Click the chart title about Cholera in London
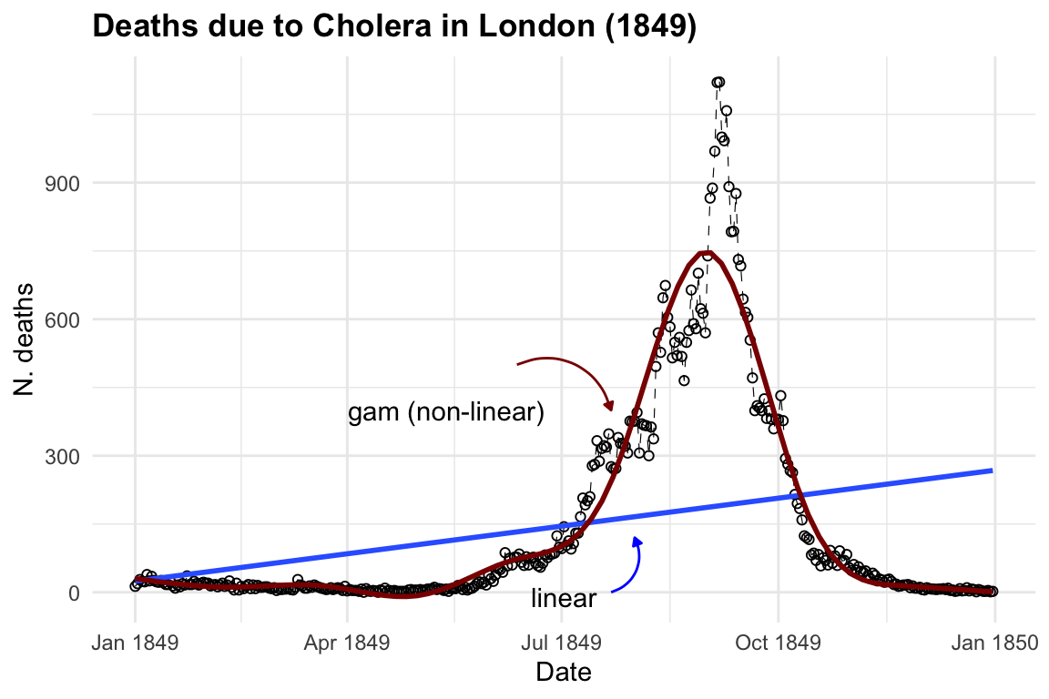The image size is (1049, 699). (x=394, y=28)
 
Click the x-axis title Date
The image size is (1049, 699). (x=564, y=673)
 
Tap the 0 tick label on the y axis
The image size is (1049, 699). (x=74, y=593)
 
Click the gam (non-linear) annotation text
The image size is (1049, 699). (x=446, y=413)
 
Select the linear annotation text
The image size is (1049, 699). (x=564, y=599)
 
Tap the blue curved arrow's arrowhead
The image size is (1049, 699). (x=637, y=541)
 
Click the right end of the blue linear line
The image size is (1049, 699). (x=991, y=471)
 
